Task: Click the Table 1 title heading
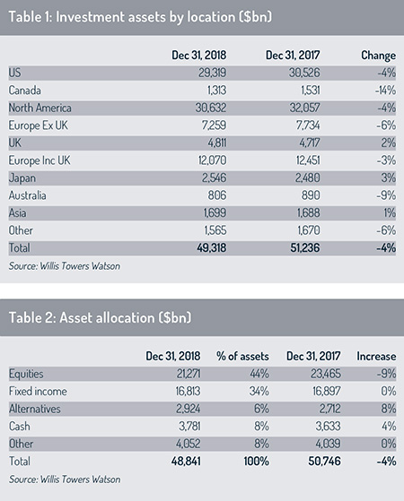[140, 17]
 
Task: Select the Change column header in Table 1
[378, 56]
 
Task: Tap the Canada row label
[24, 91]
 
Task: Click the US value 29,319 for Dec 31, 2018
[212, 73]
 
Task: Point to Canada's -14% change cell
[385, 91]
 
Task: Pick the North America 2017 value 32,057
[304, 108]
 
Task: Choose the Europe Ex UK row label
[38, 125]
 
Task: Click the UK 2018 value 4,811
[217, 143]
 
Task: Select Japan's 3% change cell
[389, 178]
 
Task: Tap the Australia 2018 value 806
[217, 195]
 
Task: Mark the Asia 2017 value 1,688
[308, 213]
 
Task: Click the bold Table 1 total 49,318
[212, 248]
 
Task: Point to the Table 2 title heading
[100, 318]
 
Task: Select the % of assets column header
[242, 357]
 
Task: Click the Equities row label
[26, 374]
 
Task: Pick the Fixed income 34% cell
[259, 392]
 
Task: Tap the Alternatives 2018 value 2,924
[189, 409]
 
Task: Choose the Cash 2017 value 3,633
[328, 427]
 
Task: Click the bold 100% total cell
[257, 462]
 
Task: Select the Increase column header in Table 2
[376, 357]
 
